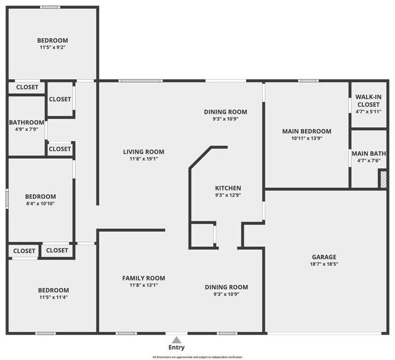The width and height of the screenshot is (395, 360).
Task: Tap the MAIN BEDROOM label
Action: click(x=306, y=131)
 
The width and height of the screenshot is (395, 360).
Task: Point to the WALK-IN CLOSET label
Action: click(x=368, y=100)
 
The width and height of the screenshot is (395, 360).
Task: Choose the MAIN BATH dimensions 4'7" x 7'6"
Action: click(x=368, y=161)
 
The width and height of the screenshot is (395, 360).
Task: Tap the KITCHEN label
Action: click(x=228, y=188)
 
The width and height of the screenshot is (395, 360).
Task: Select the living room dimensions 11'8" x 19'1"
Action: click(x=143, y=159)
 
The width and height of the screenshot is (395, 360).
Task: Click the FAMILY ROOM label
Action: click(x=143, y=278)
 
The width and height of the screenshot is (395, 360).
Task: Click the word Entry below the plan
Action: click(x=176, y=347)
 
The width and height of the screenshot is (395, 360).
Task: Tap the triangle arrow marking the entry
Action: click(x=176, y=339)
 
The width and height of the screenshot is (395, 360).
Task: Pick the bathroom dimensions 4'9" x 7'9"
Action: click(x=27, y=129)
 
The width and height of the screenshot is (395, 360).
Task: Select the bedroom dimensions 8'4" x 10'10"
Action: click(x=40, y=204)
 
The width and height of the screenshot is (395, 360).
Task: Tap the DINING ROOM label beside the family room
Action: click(x=226, y=287)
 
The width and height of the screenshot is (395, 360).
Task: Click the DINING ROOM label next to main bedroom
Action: click(x=225, y=112)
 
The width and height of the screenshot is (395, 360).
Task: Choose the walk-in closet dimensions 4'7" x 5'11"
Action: click(x=368, y=111)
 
